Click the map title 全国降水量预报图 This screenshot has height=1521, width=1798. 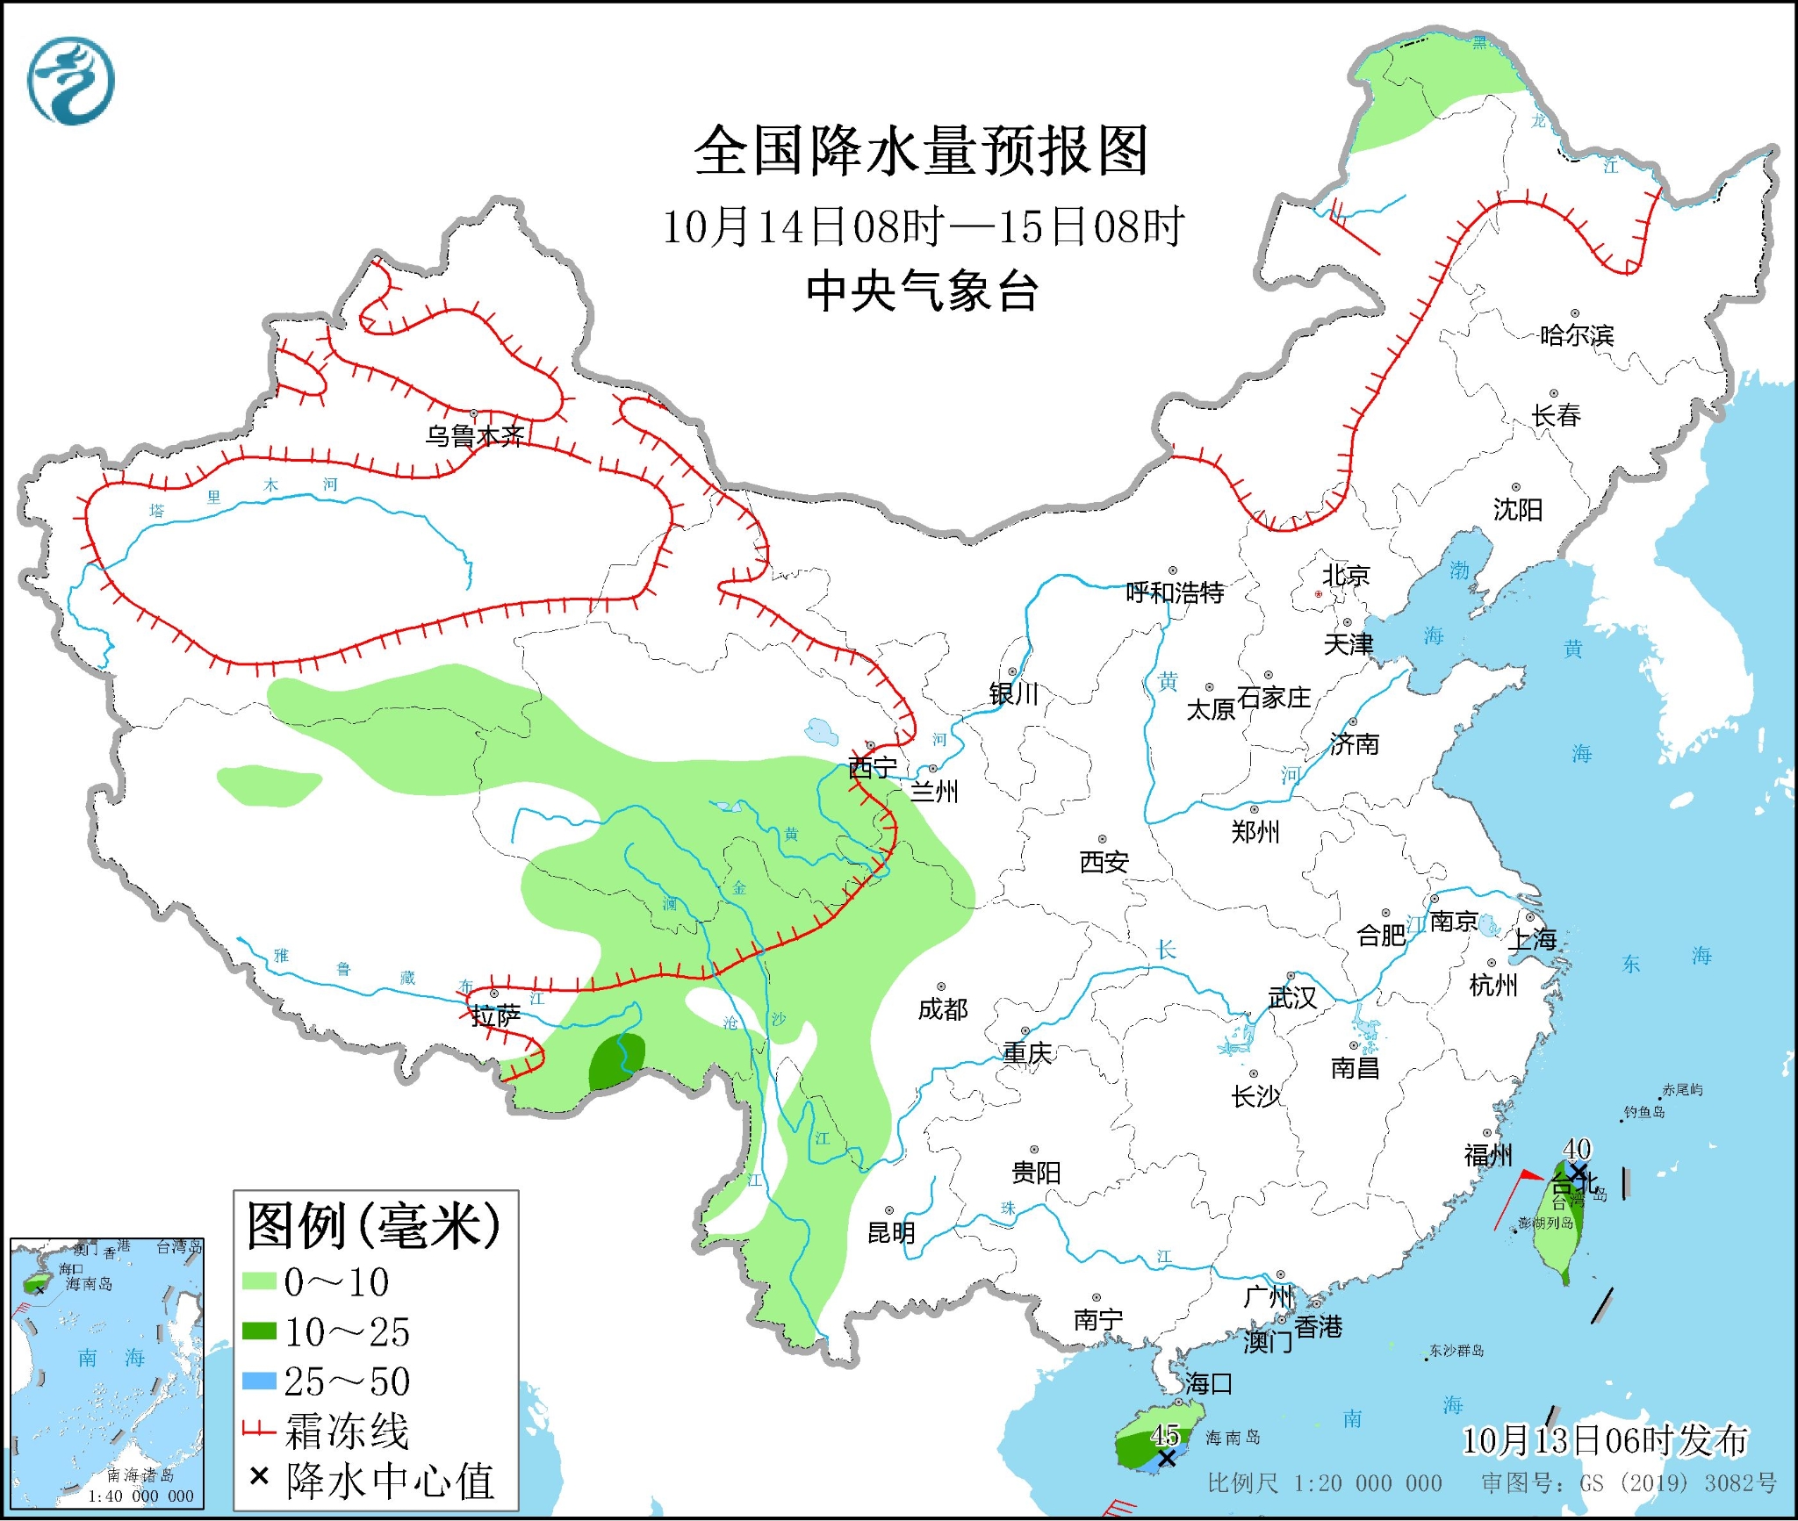(x=921, y=151)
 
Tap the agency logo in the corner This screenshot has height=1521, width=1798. (x=70, y=81)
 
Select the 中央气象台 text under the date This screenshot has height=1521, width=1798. (x=922, y=291)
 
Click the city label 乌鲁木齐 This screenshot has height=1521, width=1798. (x=474, y=435)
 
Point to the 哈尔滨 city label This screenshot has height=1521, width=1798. (x=1577, y=335)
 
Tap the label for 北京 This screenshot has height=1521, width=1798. (x=1346, y=576)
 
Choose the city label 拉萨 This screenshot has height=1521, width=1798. (x=496, y=1016)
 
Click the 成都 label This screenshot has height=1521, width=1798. (x=943, y=1009)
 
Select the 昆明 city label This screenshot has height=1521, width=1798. (x=891, y=1232)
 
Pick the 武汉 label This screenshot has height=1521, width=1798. (x=1292, y=998)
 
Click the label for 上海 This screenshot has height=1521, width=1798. (x=1532, y=939)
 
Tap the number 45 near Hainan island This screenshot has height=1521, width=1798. (x=1165, y=1435)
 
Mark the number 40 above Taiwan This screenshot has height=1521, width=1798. (x=1577, y=1148)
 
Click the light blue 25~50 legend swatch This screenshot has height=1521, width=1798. (x=259, y=1381)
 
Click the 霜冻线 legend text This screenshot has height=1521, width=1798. (x=347, y=1431)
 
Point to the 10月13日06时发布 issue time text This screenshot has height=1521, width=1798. (x=1605, y=1440)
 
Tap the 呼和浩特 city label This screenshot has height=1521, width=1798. (x=1175, y=592)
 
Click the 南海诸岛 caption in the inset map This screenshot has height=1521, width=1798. (x=140, y=1475)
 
